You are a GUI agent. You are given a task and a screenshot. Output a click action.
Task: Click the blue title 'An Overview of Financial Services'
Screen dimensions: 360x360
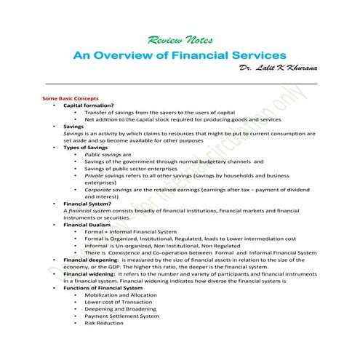180,55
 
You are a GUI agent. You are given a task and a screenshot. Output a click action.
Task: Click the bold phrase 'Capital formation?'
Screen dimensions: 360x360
87,105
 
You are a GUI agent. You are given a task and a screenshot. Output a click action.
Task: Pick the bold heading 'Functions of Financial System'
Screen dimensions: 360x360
103,287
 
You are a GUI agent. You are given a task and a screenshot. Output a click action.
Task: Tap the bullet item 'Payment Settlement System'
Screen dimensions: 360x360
121,316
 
